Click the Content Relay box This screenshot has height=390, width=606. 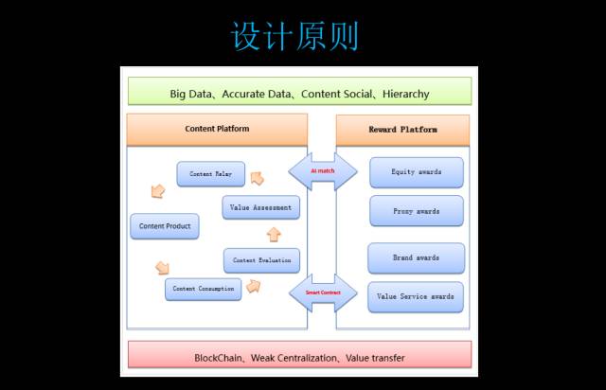(x=210, y=174)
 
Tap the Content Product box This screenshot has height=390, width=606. (x=165, y=226)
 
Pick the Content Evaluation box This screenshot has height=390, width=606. (x=262, y=259)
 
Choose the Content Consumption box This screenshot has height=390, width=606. (x=203, y=289)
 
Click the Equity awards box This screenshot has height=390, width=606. (x=416, y=172)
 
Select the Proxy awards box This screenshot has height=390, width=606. (x=416, y=211)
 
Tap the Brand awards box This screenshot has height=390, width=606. (x=416, y=257)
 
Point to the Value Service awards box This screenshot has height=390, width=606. (x=416, y=296)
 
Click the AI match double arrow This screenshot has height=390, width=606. (x=322, y=171)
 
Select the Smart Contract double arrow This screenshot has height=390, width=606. (x=322, y=293)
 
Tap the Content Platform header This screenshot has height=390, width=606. (x=217, y=129)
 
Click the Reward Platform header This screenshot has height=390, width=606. (x=402, y=129)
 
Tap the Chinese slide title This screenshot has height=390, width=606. (x=294, y=37)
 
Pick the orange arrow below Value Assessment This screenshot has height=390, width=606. (x=274, y=234)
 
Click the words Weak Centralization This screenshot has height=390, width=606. (x=297, y=359)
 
